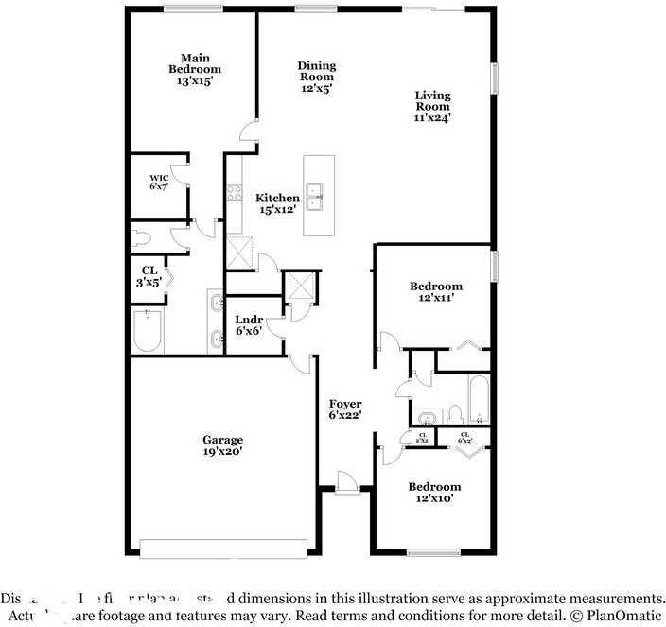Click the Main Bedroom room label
pos(195,69)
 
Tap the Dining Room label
pos(317,77)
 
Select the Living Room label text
pos(432,106)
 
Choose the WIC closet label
pos(158,182)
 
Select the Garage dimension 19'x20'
pos(222,453)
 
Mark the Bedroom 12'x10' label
pos(435,492)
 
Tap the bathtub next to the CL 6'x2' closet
pos(478,400)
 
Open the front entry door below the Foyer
pos(346,484)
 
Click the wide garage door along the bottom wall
pos(223,548)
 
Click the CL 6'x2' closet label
pos(464,437)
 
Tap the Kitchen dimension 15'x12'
pos(277,209)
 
